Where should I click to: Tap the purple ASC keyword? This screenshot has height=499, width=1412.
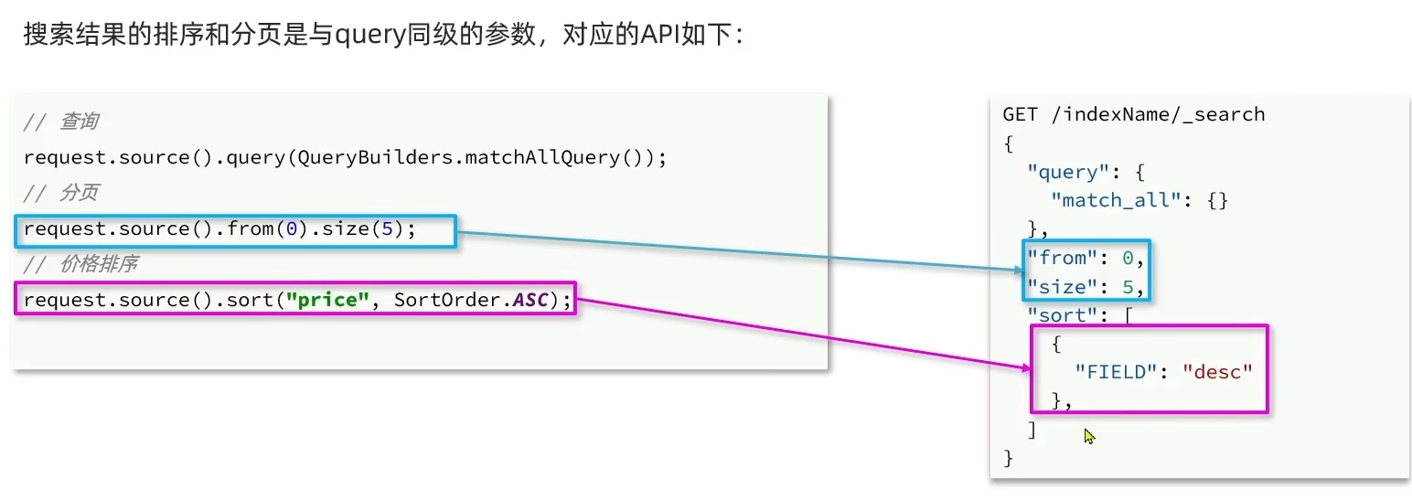point(530,301)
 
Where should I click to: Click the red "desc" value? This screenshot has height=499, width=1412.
point(1216,372)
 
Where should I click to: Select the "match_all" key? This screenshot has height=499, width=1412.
point(1110,200)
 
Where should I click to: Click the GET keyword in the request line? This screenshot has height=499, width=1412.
point(1020,114)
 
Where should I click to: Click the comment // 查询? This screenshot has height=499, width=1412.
point(61,122)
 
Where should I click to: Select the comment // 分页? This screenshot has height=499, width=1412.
point(61,193)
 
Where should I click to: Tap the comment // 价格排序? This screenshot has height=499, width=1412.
point(80,264)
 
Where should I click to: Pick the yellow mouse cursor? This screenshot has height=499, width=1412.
point(1089,437)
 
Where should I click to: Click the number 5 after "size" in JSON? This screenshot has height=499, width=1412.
point(1128,287)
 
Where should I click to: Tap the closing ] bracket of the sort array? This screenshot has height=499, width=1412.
point(1032,430)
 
